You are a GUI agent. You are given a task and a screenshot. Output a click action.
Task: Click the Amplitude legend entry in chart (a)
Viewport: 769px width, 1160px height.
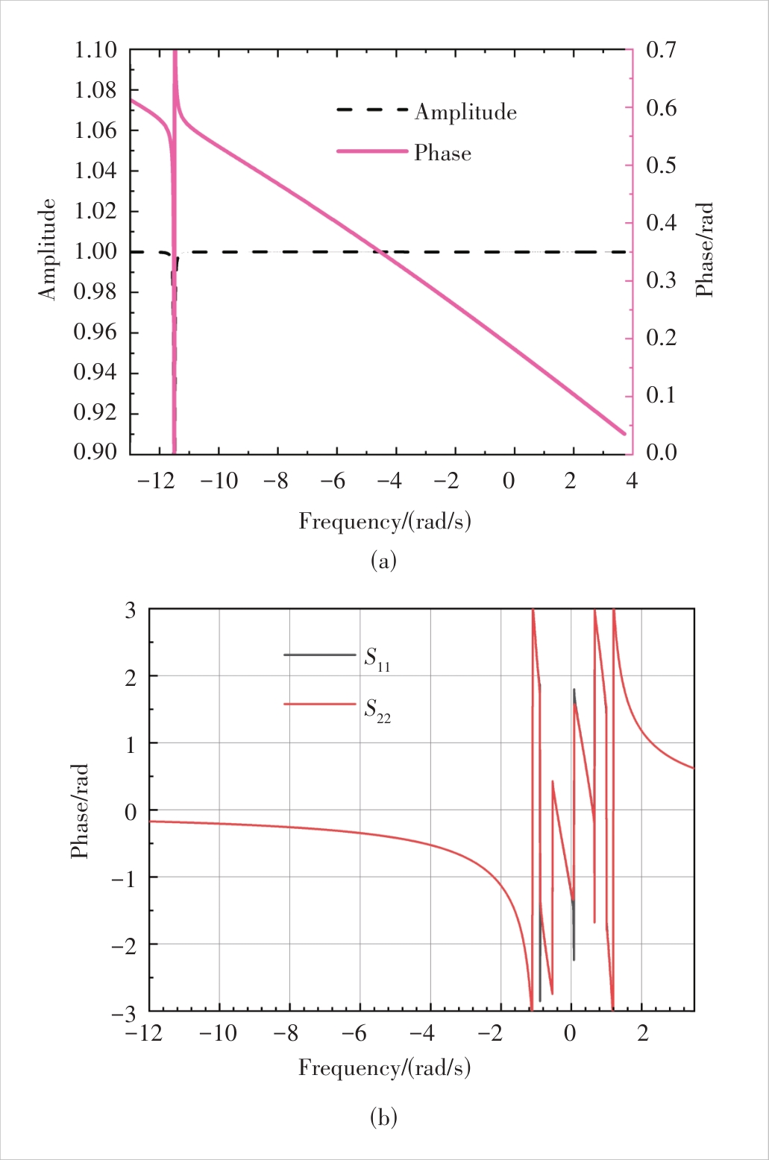pos(465,112)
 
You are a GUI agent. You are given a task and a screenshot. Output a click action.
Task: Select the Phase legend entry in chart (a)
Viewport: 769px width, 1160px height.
pos(443,154)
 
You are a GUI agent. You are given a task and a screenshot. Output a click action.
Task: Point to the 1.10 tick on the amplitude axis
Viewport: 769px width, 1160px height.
pos(96,51)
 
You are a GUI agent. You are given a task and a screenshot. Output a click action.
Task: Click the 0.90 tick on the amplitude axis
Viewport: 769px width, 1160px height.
pos(96,452)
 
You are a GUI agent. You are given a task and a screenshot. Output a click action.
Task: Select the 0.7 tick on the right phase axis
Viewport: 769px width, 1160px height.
pos(662,51)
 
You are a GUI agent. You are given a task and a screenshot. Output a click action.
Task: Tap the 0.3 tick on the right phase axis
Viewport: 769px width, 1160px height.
pos(662,280)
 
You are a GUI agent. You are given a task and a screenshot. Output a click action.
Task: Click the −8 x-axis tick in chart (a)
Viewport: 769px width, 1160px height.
pos(276,481)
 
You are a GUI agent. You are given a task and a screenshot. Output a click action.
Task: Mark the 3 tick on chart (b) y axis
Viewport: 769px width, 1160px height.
pos(131,611)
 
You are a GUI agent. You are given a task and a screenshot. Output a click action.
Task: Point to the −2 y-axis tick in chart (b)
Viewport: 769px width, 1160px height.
pos(124,945)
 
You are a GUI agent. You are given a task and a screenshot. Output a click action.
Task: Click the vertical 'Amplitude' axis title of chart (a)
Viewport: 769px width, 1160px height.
pos(48,249)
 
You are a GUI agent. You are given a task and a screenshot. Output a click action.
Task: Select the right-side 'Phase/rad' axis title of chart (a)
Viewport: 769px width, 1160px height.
pos(704,250)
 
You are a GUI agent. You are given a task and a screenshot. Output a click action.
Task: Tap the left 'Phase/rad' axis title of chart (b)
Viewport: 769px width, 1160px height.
pos(80,810)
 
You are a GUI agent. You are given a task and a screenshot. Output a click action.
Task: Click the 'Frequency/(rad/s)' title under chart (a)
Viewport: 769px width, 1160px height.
pos(385,521)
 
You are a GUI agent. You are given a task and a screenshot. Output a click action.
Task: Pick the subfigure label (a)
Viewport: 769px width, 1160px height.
pos(383,560)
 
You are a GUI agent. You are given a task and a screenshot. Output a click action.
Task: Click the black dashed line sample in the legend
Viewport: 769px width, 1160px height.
pos(372,110)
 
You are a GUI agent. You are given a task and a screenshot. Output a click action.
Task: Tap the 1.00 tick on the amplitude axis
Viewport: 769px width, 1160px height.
pos(96,252)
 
